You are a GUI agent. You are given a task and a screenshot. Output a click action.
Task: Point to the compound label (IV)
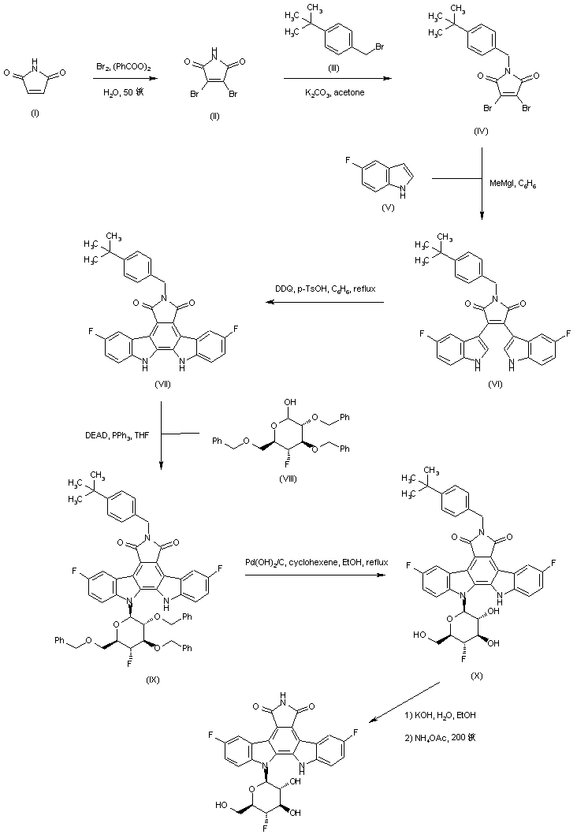tap(481, 132)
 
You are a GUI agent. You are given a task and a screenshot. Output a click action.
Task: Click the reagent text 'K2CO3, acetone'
tap(333, 92)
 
